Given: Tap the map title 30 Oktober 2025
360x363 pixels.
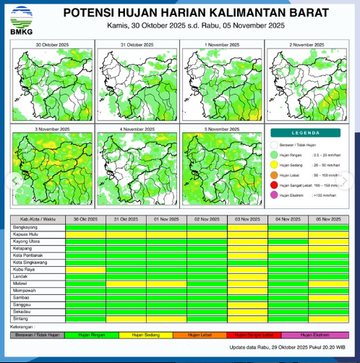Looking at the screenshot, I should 52,46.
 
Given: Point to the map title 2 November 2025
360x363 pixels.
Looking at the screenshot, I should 307,46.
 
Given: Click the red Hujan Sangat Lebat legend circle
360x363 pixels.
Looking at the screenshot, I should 275,185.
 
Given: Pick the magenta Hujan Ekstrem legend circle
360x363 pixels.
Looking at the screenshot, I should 275,195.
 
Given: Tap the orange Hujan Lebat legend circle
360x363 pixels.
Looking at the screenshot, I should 275,175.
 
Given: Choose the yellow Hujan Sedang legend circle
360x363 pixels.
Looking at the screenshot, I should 275,165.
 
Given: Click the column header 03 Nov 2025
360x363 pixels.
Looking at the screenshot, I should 247,218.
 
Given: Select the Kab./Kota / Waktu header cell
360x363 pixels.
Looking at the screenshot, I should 38,218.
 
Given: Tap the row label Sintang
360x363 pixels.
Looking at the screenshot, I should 22,318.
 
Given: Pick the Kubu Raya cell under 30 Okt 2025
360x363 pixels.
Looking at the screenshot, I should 85,269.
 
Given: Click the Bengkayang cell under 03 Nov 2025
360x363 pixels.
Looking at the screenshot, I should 247,226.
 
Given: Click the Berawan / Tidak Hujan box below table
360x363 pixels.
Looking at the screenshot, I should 38,335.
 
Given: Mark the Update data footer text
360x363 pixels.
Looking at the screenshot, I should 288,349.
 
